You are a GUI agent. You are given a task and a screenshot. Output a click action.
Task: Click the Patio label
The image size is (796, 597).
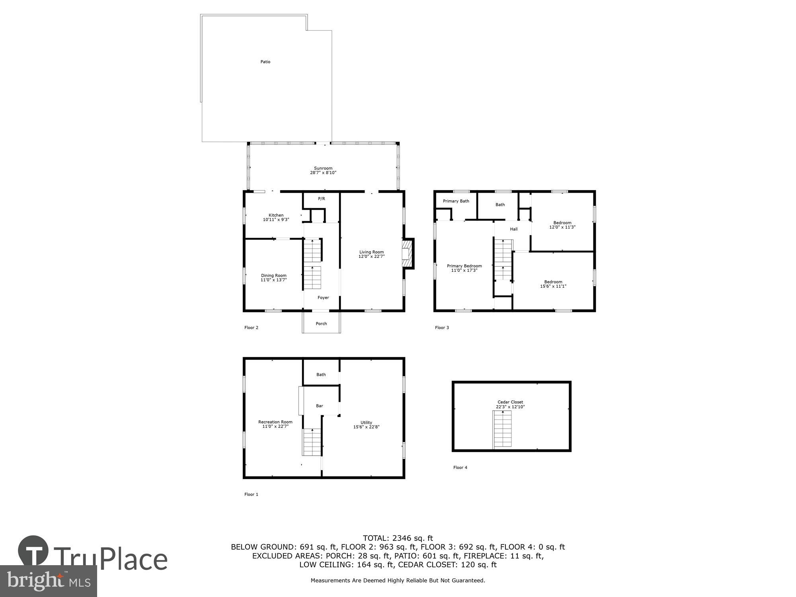(265, 62)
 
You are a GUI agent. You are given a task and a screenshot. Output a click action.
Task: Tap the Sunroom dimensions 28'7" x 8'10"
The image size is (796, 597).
(323, 173)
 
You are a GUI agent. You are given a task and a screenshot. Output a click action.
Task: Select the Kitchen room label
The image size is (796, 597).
(276, 215)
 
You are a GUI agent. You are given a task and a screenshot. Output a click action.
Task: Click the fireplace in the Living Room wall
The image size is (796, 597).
(407, 254)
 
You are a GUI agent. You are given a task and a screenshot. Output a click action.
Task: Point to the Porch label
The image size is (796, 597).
(321, 324)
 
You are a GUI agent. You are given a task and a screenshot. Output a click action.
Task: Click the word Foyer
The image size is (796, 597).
(323, 298)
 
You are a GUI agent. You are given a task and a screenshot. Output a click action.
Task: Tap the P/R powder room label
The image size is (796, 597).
(321, 199)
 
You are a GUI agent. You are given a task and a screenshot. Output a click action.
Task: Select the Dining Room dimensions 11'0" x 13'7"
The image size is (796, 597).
(273, 280)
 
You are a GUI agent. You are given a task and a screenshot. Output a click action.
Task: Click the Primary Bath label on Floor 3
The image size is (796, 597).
(456, 201)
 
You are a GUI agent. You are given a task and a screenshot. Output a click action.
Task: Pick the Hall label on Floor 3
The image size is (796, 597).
(513, 229)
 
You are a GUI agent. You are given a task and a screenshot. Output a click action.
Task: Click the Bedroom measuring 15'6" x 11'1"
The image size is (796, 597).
(553, 284)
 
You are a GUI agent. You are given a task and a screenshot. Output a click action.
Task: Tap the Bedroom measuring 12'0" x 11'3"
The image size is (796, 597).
(562, 225)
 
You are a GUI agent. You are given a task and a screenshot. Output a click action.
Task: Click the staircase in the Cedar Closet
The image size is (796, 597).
(502, 429)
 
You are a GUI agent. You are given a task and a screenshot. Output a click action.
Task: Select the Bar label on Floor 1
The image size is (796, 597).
(319, 406)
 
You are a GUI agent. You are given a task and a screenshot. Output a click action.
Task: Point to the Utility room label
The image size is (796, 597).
(366, 423)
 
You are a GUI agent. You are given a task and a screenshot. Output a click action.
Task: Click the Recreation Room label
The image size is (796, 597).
(275, 422)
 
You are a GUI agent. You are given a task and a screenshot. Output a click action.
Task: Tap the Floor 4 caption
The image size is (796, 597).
(460, 467)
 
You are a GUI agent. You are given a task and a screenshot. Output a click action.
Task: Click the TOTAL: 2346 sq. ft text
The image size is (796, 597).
(398, 538)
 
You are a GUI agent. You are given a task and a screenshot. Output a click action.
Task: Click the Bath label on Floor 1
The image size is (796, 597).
(321, 375)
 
